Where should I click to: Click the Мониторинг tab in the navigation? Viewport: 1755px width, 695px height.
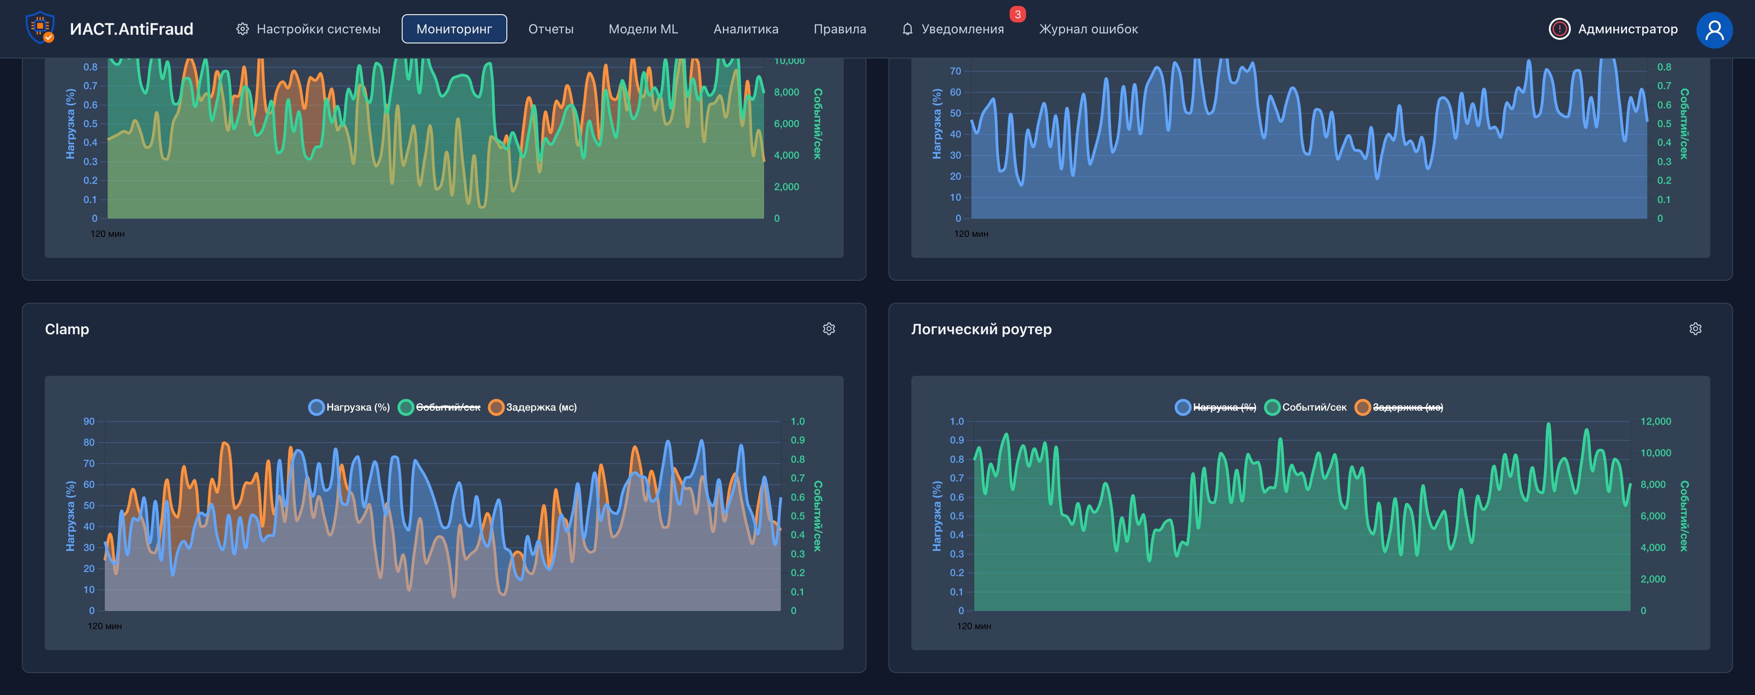(x=454, y=29)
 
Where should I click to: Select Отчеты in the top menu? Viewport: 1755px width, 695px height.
(x=550, y=29)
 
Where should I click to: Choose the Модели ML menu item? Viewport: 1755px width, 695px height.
(x=643, y=29)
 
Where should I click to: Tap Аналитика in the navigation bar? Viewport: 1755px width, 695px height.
(x=745, y=29)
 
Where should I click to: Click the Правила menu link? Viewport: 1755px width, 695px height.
(x=840, y=29)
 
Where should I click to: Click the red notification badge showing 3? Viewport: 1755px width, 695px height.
(x=1017, y=14)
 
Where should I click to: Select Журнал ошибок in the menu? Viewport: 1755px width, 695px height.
(x=1088, y=29)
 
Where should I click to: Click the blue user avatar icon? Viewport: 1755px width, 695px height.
(x=1713, y=29)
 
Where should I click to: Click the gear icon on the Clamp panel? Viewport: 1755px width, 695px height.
(x=829, y=329)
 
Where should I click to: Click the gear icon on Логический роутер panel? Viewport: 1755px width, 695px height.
(x=1695, y=329)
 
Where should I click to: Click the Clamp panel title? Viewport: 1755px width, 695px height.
(x=67, y=329)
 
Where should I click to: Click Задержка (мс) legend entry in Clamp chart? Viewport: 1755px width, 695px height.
(x=533, y=407)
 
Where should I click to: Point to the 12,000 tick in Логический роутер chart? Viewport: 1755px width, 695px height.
(x=1655, y=422)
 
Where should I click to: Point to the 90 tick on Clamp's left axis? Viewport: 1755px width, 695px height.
(x=89, y=422)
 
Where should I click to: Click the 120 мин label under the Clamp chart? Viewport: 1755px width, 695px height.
(x=105, y=626)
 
